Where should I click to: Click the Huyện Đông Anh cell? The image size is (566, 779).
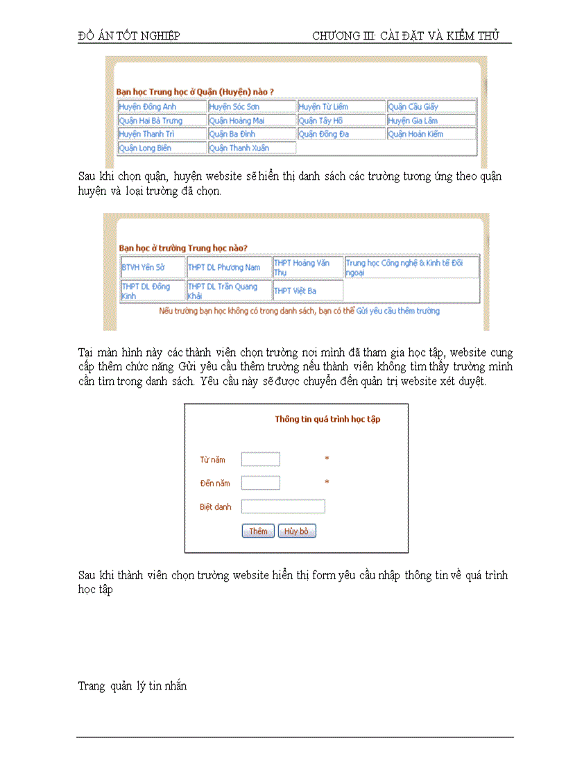click(162, 107)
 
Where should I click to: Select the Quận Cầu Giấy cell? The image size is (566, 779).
click(431, 107)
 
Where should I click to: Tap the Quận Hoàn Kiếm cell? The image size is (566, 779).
click(431, 134)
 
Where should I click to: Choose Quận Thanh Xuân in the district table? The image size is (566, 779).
click(252, 148)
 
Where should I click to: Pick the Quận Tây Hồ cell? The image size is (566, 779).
click(341, 121)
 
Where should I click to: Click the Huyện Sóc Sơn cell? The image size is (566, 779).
click(252, 107)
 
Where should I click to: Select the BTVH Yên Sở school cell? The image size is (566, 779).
click(153, 267)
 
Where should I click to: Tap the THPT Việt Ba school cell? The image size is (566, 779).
click(307, 291)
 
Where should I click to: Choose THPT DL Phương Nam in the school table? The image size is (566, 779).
click(228, 267)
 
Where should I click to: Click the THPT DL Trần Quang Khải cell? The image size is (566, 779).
click(228, 291)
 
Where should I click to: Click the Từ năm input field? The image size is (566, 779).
click(261, 459)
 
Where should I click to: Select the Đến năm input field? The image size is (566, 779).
click(261, 483)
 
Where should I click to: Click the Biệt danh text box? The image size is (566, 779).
click(283, 506)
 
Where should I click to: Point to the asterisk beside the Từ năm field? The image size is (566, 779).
click(327, 459)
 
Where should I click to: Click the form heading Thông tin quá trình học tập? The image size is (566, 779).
click(327, 419)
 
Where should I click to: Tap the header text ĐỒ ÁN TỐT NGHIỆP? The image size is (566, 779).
click(129, 36)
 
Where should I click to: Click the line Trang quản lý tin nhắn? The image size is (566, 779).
click(132, 686)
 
